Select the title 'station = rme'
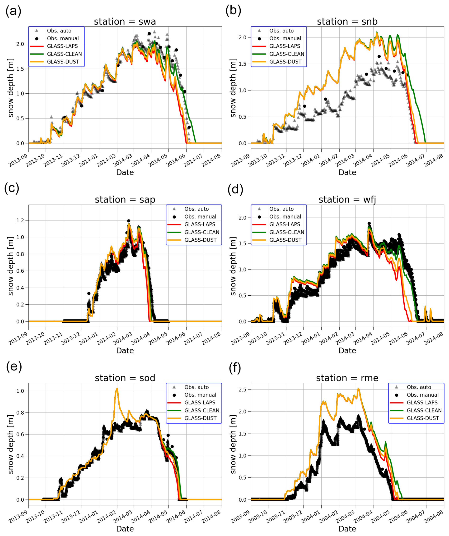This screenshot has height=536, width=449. click(x=347, y=378)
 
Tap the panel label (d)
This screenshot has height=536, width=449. click(x=235, y=189)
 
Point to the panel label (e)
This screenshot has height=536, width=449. click(x=14, y=366)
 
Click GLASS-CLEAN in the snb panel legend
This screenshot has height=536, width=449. click(x=286, y=54)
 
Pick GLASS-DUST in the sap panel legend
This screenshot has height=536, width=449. click(x=200, y=240)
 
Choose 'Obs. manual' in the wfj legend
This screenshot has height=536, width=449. click(x=285, y=217)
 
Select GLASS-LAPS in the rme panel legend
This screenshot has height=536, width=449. click(x=422, y=403)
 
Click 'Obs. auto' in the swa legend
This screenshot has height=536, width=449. click(x=59, y=31)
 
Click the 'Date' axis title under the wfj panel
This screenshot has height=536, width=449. click(x=347, y=350)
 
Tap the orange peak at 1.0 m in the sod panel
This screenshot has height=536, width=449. click(x=117, y=389)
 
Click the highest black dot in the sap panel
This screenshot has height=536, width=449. click(x=129, y=221)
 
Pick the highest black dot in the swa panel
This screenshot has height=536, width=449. click(x=149, y=34)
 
